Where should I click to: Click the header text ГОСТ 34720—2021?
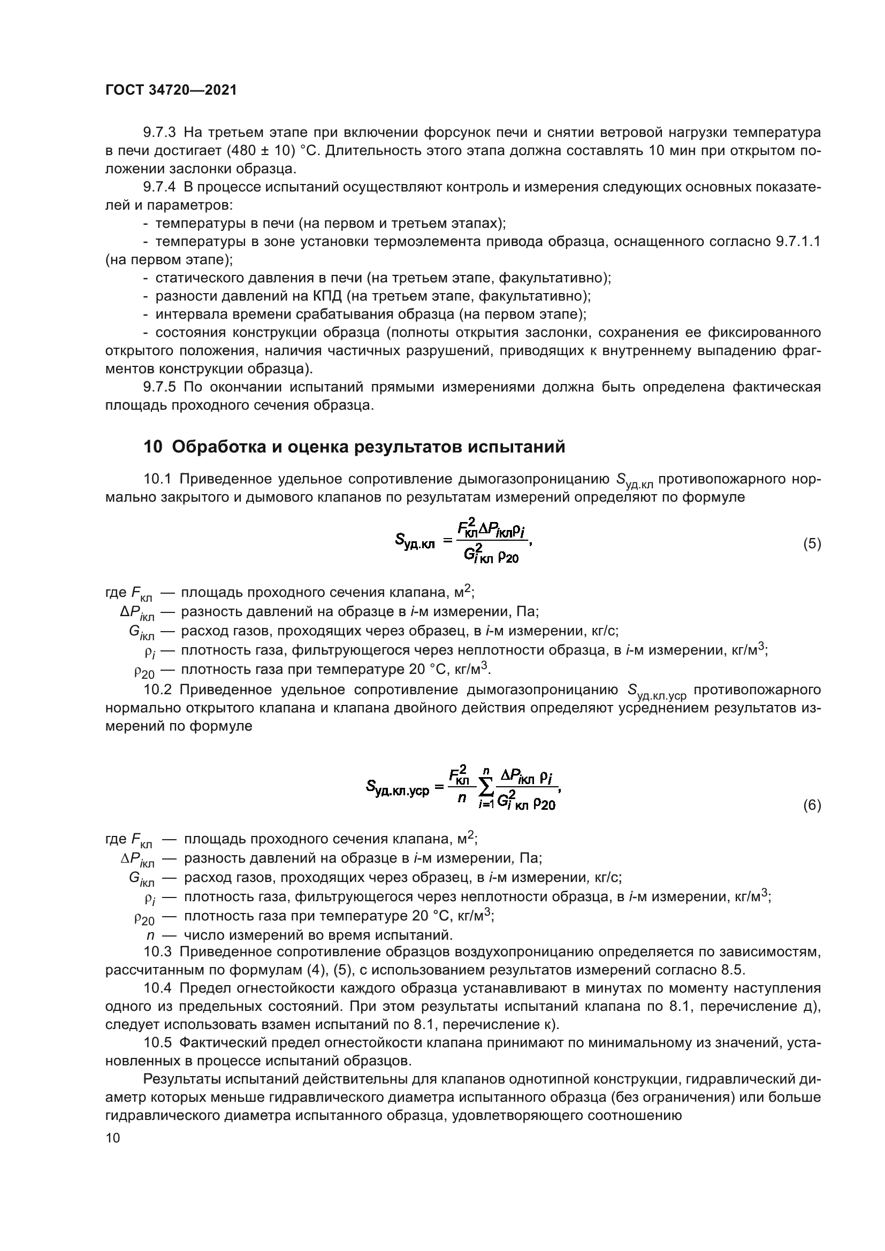coord(171,90)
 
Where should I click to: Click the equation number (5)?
coord(812,544)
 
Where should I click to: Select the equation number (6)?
coord(812,805)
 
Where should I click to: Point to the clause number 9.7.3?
coord(159,133)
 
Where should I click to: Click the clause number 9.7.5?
coord(159,387)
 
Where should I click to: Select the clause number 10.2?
coord(157,689)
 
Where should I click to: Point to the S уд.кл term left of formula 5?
coord(415,541)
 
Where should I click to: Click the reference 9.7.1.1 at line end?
coord(797,241)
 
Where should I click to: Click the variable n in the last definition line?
coord(150,935)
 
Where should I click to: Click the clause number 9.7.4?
coord(159,187)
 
